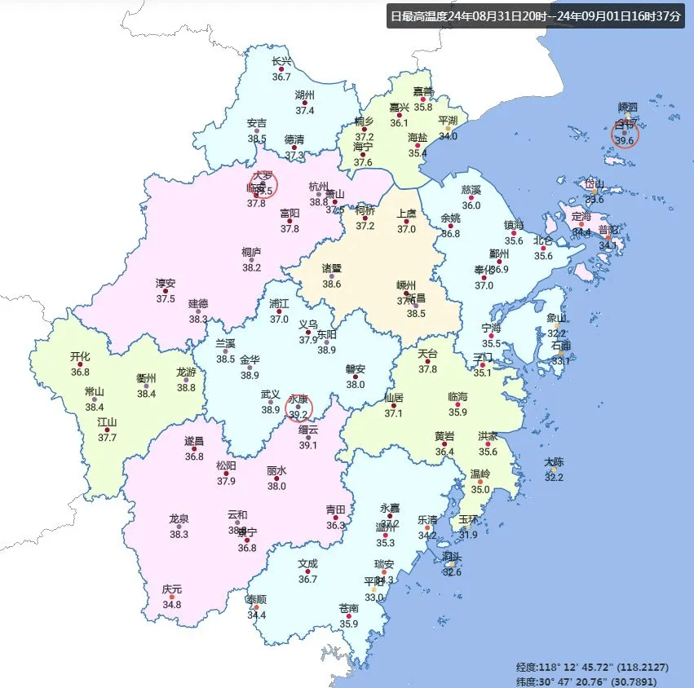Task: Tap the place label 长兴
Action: click(x=281, y=62)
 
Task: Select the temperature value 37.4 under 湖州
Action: click(x=305, y=110)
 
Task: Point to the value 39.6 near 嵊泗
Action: click(x=625, y=141)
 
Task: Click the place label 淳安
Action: click(x=166, y=284)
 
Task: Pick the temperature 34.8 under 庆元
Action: click(x=171, y=605)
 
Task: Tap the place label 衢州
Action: click(x=146, y=378)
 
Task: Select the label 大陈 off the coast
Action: click(x=554, y=462)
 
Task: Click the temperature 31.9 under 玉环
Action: click(x=468, y=535)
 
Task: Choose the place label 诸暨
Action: click(x=331, y=268)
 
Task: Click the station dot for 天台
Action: click(x=427, y=363)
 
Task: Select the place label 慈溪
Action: click(x=471, y=189)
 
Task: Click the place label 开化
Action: click(x=80, y=356)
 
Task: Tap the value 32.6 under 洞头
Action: click(x=451, y=571)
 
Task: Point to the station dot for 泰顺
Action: click(x=256, y=607)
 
